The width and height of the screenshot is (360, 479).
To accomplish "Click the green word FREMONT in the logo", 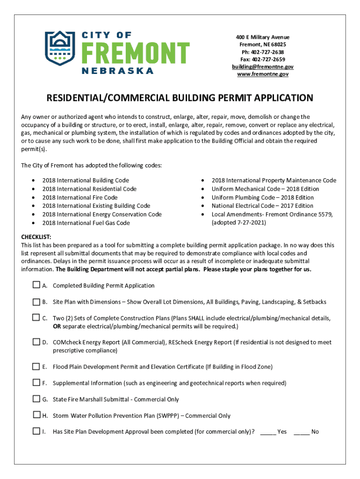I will [x=130, y=52].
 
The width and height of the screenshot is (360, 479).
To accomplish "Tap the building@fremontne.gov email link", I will [x=262, y=67].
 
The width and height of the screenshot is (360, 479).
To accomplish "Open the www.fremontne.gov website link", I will [x=262, y=74].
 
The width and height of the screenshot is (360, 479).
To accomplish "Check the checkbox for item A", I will [x=36, y=285].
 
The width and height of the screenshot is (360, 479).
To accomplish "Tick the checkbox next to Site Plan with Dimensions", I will [x=36, y=301].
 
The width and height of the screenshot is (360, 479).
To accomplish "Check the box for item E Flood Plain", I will [x=36, y=366].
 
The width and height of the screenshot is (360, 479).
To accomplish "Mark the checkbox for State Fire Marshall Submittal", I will [x=36, y=399].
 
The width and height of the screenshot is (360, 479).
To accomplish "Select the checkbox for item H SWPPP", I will [x=36, y=415].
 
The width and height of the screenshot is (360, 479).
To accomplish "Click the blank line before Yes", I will [x=268, y=432].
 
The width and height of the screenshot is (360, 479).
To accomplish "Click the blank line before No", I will [x=302, y=432].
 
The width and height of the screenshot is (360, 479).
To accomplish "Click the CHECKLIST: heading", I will [x=36, y=237].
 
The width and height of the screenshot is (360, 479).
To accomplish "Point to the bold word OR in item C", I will [x=57, y=326].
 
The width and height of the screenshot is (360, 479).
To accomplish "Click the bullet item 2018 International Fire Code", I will [x=80, y=197].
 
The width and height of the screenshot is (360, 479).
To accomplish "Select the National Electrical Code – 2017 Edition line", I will [x=262, y=206].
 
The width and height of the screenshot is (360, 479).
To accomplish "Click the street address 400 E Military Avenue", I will [x=262, y=37].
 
